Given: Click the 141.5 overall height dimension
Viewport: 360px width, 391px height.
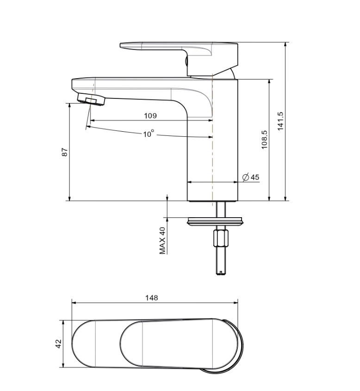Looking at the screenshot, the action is point(280,121).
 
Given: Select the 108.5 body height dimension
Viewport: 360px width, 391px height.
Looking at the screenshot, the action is point(264,140).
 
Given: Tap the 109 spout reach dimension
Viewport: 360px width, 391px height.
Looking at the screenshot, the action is point(150,116).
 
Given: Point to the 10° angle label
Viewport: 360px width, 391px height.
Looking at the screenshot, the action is point(149,134).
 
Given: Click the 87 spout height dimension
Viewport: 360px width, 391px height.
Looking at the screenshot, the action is point(65,152).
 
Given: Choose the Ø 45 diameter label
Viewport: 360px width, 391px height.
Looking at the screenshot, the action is point(251,177).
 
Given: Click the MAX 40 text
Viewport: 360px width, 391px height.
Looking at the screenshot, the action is point(162,241).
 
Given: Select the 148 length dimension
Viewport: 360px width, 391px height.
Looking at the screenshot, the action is point(151,298).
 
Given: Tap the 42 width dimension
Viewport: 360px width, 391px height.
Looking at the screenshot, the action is point(58,343).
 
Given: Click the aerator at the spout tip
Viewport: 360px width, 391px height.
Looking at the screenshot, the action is point(91,99).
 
